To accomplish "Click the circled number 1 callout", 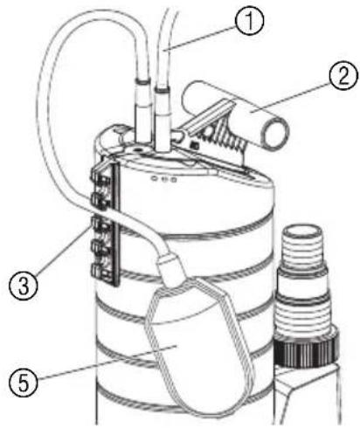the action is [x=249, y=21].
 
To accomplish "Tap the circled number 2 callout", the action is [x=343, y=76].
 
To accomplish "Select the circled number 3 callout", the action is [x=24, y=286].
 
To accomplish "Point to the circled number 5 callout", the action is [x=24, y=383].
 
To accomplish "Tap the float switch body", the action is [x=198, y=343].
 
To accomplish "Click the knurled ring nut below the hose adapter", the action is [x=307, y=349].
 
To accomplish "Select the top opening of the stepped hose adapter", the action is [x=303, y=232].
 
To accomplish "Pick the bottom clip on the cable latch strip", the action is [x=100, y=272].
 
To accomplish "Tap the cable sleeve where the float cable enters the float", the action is [x=170, y=267].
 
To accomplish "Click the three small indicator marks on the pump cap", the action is [x=164, y=179].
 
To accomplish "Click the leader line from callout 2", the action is [x=290, y=97].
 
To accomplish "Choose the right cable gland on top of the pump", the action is [x=162, y=120].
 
